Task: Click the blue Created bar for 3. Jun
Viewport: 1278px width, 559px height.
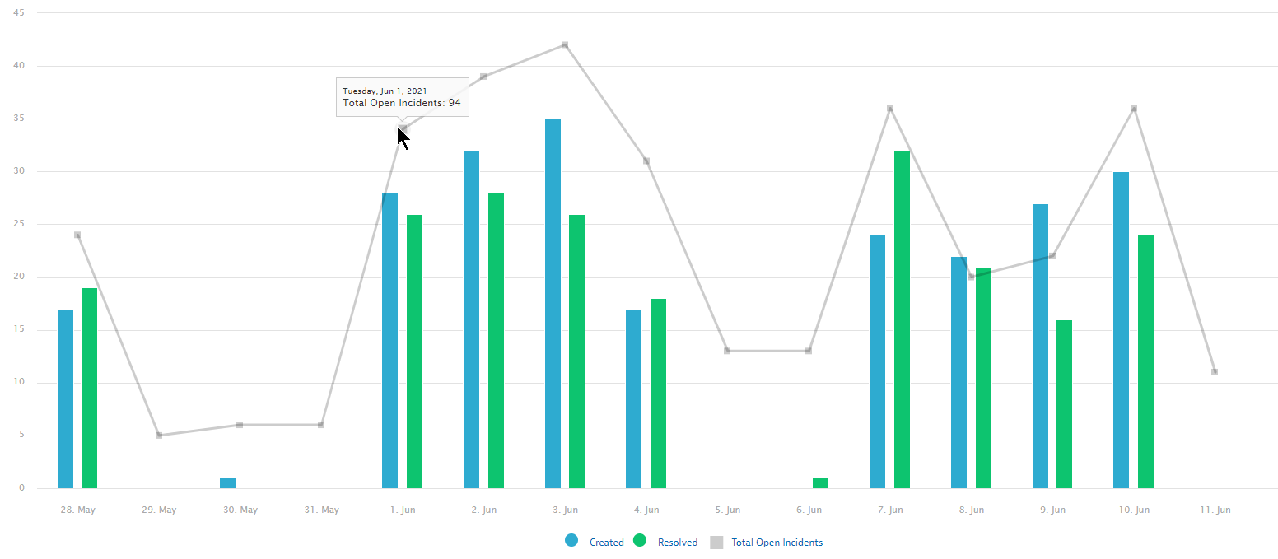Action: pyautogui.click(x=553, y=304)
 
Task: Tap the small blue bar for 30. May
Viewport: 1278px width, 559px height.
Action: pyautogui.click(x=227, y=483)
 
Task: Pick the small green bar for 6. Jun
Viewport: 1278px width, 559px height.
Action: pyautogui.click(x=820, y=483)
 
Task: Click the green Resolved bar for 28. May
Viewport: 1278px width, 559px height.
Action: pyautogui.click(x=89, y=388)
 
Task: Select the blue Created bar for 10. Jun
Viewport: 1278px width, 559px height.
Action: pyautogui.click(x=1121, y=330)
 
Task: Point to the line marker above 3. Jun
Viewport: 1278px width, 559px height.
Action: pyautogui.click(x=565, y=44)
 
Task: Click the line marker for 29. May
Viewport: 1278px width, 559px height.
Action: pyautogui.click(x=159, y=435)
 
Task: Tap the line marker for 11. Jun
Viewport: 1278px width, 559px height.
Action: pyautogui.click(x=1215, y=372)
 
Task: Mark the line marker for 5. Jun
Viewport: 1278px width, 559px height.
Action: pyautogui.click(x=727, y=351)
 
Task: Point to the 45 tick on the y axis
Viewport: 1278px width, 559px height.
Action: pyautogui.click(x=19, y=13)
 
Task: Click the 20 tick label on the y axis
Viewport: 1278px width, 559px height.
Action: pyautogui.click(x=19, y=277)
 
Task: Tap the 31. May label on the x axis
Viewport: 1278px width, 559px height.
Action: pyautogui.click(x=321, y=510)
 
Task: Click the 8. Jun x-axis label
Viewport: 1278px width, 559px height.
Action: pyautogui.click(x=971, y=510)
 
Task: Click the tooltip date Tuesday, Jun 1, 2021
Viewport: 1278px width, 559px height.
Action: pyautogui.click(x=384, y=91)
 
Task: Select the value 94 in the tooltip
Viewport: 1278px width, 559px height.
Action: pyautogui.click(x=455, y=104)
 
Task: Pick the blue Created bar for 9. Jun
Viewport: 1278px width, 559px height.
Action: pyautogui.click(x=1040, y=346)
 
